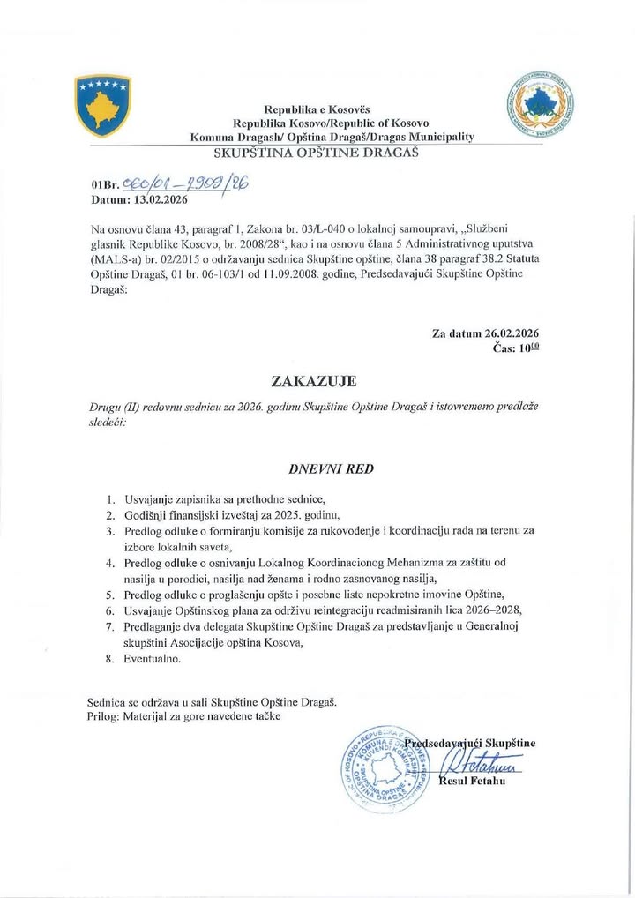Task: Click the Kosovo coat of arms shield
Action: (x=105, y=106)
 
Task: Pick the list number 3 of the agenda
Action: (x=110, y=532)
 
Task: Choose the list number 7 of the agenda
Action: (x=110, y=626)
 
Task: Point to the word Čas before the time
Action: (x=502, y=349)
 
